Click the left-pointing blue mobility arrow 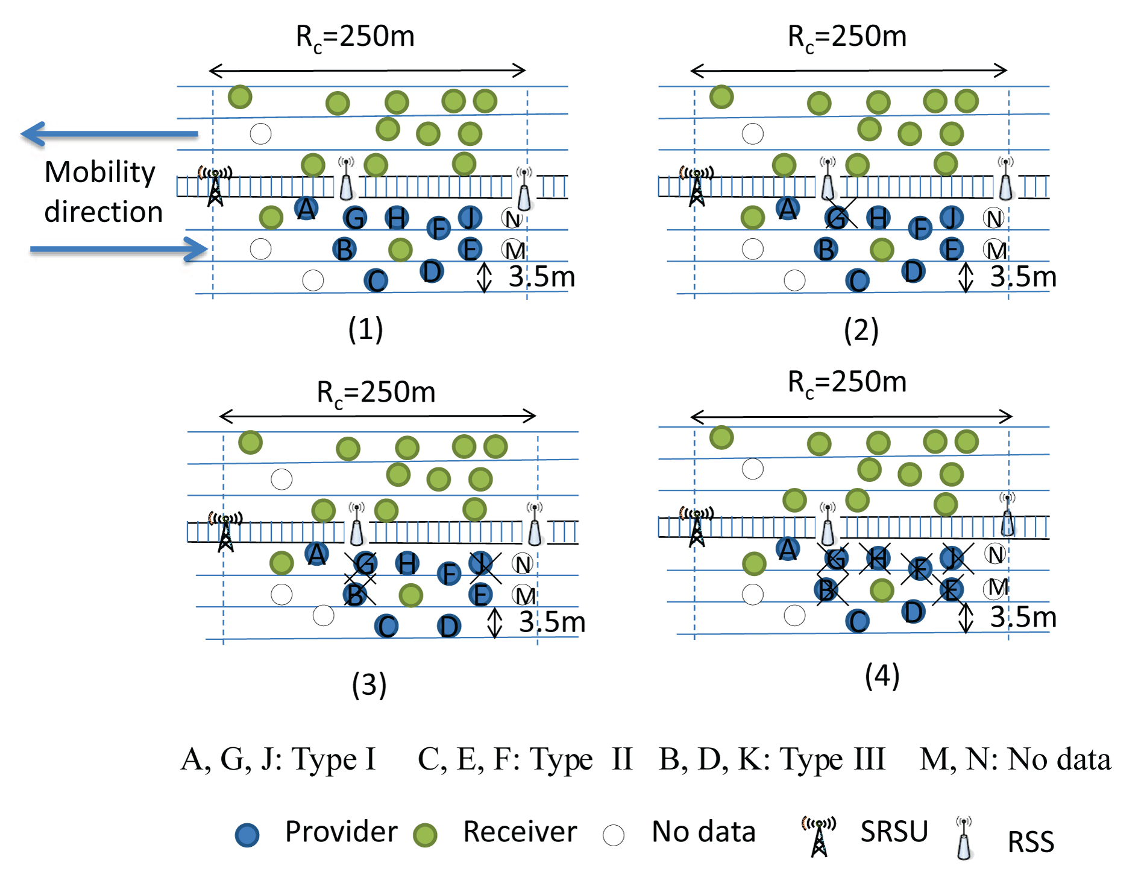(108, 134)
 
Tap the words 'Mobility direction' (103, 192)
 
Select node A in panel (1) (306, 209)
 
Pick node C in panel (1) (376, 280)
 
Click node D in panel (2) (913, 271)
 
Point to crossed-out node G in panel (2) (837, 218)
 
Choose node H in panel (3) (407, 563)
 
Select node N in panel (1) (512, 219)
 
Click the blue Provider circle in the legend (247, 835)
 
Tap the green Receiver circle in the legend (425, 835)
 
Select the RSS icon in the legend (964, 838)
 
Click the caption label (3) (369, 685)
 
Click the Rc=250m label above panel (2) (847, 37)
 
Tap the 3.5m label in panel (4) (1023, 617)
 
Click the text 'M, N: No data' (1015, 759)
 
